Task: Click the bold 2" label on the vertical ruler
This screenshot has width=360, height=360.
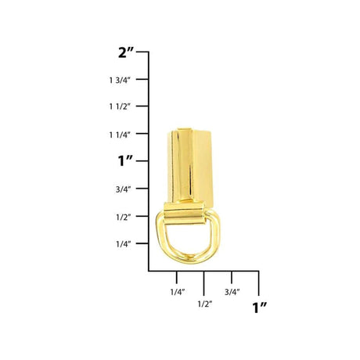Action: click(x=126, y=53)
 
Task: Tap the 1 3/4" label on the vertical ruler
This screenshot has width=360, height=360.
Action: click(x=120, y=80)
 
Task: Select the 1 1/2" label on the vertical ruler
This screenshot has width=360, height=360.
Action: click(x=120, y=106)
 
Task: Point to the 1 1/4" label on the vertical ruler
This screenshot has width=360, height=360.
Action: click(x=120, y=135)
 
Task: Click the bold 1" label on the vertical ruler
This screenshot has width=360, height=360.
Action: click(x=125, y=160)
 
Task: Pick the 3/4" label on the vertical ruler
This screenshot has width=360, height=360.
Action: click(x=123, y=189)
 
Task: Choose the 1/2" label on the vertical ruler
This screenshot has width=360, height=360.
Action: click(x=123, y=217)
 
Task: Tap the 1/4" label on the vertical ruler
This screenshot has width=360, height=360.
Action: click(x=123, y=244)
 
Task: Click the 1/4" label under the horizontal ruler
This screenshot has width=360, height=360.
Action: click(x=178, y=292)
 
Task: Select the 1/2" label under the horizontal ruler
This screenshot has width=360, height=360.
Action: click(x=205, y=304)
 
